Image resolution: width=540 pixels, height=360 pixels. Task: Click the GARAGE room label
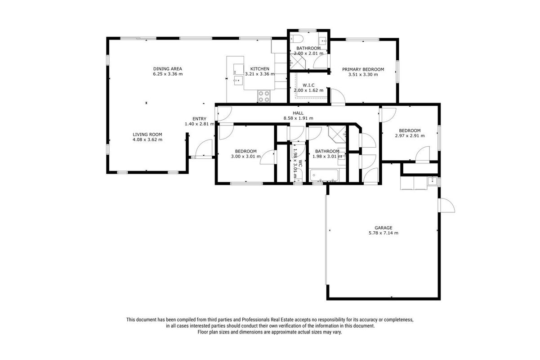[383, 228]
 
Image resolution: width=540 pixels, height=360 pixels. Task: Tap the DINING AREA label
[168, 69]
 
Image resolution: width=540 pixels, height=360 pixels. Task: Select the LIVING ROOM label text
[147, 135]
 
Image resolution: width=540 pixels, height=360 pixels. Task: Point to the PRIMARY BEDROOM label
[363, 69]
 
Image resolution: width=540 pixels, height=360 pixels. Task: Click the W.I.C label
[308, 85]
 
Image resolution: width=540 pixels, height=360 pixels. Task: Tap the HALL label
[298, 113]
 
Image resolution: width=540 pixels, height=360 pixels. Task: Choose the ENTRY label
[199, 119]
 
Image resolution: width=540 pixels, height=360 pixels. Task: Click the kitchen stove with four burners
[264, 96]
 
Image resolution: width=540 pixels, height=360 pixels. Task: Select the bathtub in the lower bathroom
[324, 175]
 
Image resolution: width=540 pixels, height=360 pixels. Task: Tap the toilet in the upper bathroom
[295, 39]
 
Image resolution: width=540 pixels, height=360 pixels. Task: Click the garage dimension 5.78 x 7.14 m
[383, 233]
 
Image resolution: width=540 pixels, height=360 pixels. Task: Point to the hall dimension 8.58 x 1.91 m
[298, 118]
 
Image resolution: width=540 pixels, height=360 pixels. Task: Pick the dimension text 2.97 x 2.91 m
[410, 136]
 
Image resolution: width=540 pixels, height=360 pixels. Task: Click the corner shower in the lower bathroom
[338, 134]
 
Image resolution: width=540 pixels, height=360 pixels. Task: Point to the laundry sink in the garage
[433, 181]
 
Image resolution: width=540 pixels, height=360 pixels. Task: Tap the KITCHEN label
[259, 69]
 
